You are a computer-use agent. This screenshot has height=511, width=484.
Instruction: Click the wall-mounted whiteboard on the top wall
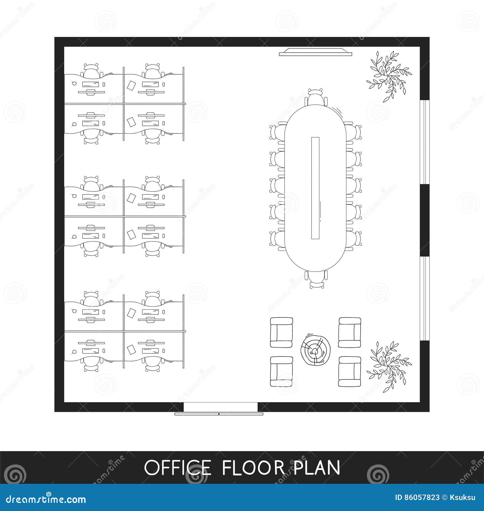(316, 52)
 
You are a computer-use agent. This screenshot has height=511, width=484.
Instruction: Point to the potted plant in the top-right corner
(389, 76)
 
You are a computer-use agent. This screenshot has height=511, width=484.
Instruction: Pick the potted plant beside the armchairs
(389, 366)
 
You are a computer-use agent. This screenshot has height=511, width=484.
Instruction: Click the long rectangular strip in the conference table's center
(316, 188)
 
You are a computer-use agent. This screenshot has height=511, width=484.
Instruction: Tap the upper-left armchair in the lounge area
(281, 332)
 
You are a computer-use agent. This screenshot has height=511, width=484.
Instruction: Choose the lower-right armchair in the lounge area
(350, 371)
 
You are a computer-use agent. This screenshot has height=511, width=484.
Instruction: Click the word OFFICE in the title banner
(178, 467)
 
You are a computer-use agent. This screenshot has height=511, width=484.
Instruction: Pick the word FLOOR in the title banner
(253, 467)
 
